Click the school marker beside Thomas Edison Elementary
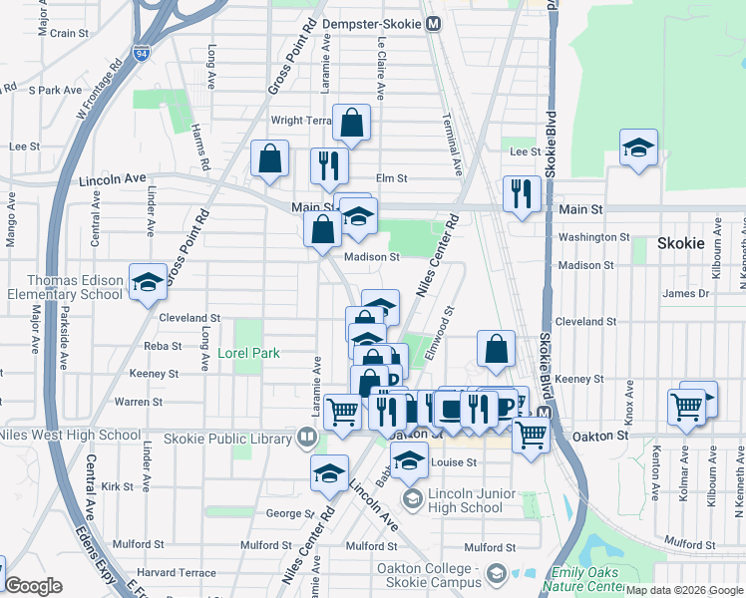pyautogui.click(x=148, y=284)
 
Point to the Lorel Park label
pyautogui.click(x=249, y=353)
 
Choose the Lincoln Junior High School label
pyautogui.click(x=465, y=501)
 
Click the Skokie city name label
pyautogui.click(x=681, y=243)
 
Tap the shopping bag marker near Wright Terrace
pyautogui.click(x=352, y=124)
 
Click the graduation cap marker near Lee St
pyautogui.click(x=638, y=149)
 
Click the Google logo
pyautogui.click(x=34, y=586)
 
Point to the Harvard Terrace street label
pyautogui.click(x=178, y=572)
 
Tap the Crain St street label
pyautogui.click(x=70, y=33)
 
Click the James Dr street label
pyautogui.click(x=685, y=293)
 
